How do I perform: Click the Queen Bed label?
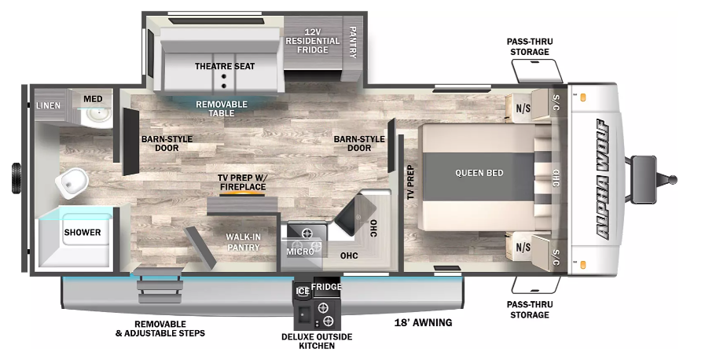[x=478, y=173]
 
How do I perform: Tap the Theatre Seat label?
[x=225, y=66]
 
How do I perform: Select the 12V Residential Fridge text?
[x=313, y=40]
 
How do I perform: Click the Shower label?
[x=83, y=233]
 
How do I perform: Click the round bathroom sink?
[x=100, y=116]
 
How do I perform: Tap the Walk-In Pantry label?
[x=243, y=242]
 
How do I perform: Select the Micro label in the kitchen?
[x=299, y=251]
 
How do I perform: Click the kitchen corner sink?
[x=358, y=208]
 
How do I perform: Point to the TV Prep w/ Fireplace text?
[x=242, y=182]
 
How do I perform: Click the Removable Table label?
[x=222, y=108]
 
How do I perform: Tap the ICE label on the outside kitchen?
[x=303, y=291]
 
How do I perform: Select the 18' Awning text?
[x=423, y=322]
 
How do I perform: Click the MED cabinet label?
[x=93, y=98]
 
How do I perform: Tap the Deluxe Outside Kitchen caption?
[x=314, y=341]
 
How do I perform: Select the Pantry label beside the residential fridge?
[x=352, y=42]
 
